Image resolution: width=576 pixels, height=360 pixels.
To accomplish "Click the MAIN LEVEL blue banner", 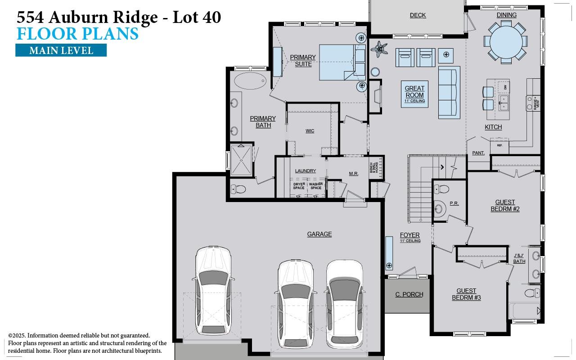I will [61, 50].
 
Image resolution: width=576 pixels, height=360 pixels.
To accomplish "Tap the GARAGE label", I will [319, 234].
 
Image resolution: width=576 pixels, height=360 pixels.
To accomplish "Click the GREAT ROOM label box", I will [414, 94].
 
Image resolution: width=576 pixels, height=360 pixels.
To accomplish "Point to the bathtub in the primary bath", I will [250, 81].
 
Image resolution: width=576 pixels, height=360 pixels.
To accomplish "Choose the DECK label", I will [418, 15].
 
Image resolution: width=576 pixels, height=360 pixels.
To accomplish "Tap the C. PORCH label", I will [409, 294].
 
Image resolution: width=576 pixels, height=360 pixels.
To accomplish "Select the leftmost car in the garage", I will [213, 290].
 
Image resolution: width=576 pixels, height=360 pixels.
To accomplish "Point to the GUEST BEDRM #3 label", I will [466, 294].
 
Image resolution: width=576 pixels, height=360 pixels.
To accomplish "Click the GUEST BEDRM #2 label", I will [505, 206].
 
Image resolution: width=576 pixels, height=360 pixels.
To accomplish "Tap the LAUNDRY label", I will [305, 171].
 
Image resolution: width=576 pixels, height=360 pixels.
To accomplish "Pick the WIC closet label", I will [310, 131].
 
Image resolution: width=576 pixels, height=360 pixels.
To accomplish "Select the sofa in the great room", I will [449, 92].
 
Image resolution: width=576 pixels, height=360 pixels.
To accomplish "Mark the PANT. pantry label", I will [478, 153].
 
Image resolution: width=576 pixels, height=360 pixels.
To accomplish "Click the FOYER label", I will [409, 235].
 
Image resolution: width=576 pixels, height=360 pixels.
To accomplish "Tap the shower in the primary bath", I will [241, 160].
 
